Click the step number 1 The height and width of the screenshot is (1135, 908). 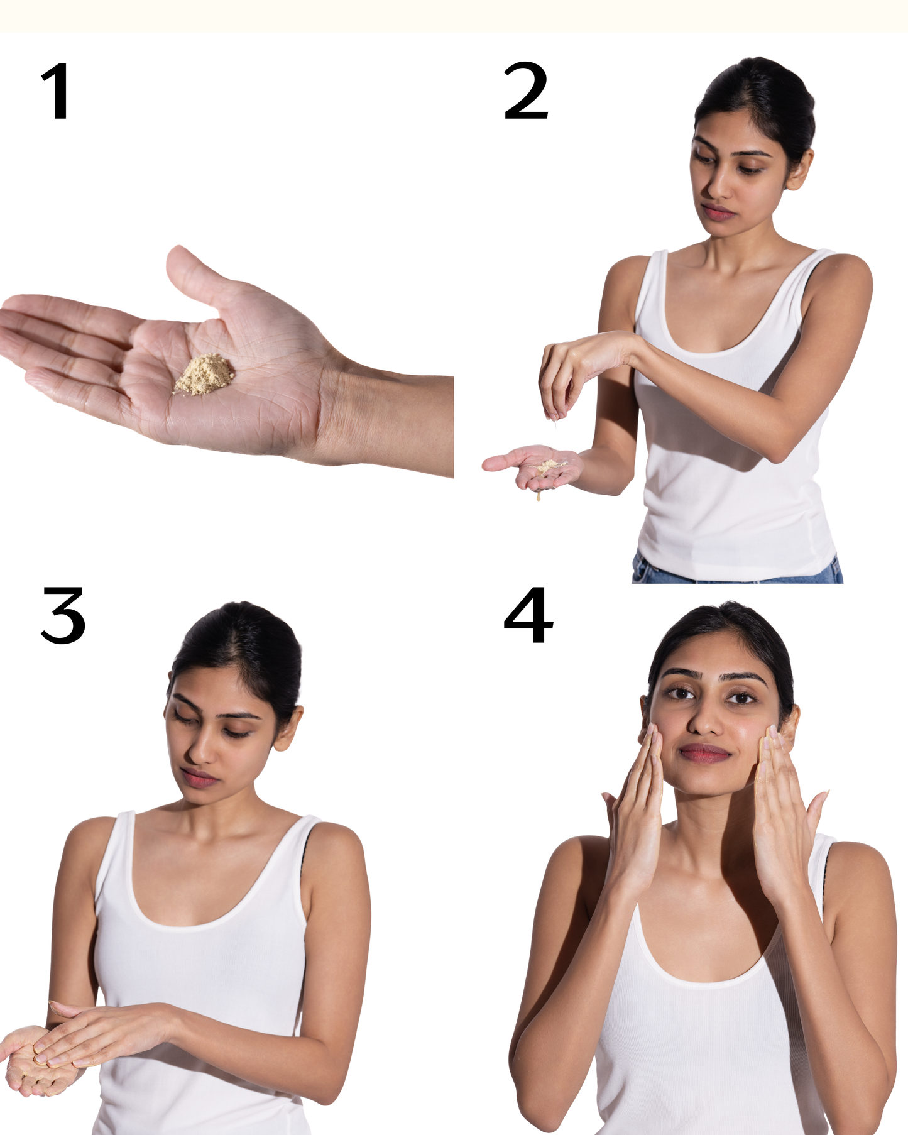(x=57, y=91)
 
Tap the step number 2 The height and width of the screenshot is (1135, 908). (x=526, y=90)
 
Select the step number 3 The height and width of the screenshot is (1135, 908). (x=63, y=615)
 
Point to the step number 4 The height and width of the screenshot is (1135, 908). (x=528, y=615)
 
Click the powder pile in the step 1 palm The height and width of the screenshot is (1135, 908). (x=205, y=375)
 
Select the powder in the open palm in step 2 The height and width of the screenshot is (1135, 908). (x=549, y=466)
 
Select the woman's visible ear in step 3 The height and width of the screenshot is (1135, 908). (x=288, y=728)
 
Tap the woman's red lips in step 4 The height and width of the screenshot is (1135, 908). (x=705, y=753)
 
